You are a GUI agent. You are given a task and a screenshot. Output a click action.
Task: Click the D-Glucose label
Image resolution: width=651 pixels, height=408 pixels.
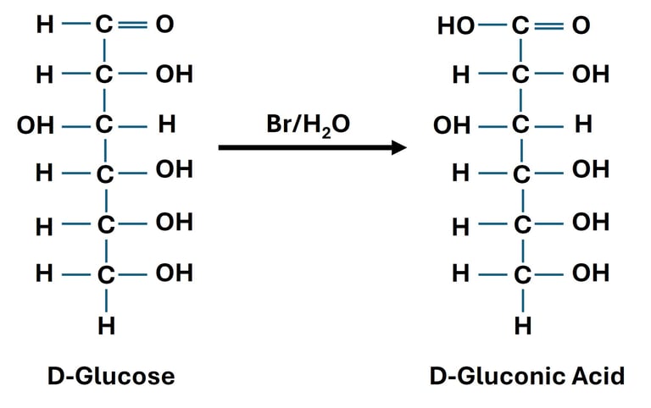coord(111,375)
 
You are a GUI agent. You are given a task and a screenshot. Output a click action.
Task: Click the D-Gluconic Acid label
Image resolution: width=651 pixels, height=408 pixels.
coord(526,375)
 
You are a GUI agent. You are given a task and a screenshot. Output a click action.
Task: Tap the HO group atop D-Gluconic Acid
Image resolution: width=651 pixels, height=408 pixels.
coord(455,26)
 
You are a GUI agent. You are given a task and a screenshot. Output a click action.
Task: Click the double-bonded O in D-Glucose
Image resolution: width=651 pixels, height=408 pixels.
coord(164,25)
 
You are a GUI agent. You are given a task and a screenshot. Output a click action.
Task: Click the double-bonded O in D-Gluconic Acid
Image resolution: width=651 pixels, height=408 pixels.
coord(581,26)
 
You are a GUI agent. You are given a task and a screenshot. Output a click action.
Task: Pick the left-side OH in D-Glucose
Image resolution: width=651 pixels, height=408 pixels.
coord(34,126)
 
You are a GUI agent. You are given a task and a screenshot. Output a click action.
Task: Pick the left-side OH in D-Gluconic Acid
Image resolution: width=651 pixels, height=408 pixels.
coord(451,126)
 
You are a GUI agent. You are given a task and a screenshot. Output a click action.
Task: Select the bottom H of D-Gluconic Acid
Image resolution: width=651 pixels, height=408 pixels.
coord(523,326)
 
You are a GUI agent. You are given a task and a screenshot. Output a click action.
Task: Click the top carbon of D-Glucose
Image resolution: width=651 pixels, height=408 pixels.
coord(105,25)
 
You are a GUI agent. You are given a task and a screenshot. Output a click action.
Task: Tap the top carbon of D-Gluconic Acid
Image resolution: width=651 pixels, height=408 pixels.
coord(522,26)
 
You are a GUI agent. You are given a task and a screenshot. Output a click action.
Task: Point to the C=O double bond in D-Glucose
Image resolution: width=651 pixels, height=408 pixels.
coord(134,25)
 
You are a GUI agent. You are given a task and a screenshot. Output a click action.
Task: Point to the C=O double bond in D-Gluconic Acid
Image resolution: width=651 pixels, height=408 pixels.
coord(551,26)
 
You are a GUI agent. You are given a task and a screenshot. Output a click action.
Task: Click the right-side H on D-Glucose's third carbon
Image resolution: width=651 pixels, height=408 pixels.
coord(166,125)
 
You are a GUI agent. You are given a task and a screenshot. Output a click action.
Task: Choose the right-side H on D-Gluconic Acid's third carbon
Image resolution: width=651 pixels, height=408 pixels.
coord(583,125)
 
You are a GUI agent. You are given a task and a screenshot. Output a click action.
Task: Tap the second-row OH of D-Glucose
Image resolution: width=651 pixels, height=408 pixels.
coord(174,74)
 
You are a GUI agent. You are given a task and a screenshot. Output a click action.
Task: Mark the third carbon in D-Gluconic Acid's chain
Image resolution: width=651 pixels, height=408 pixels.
coord(522,126)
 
